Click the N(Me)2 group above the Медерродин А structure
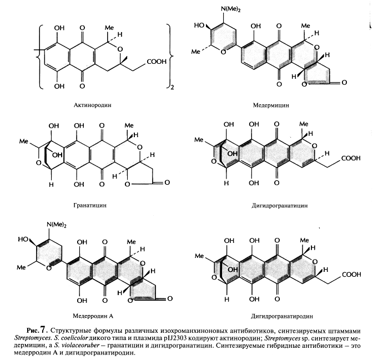(x=58, y=224)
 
